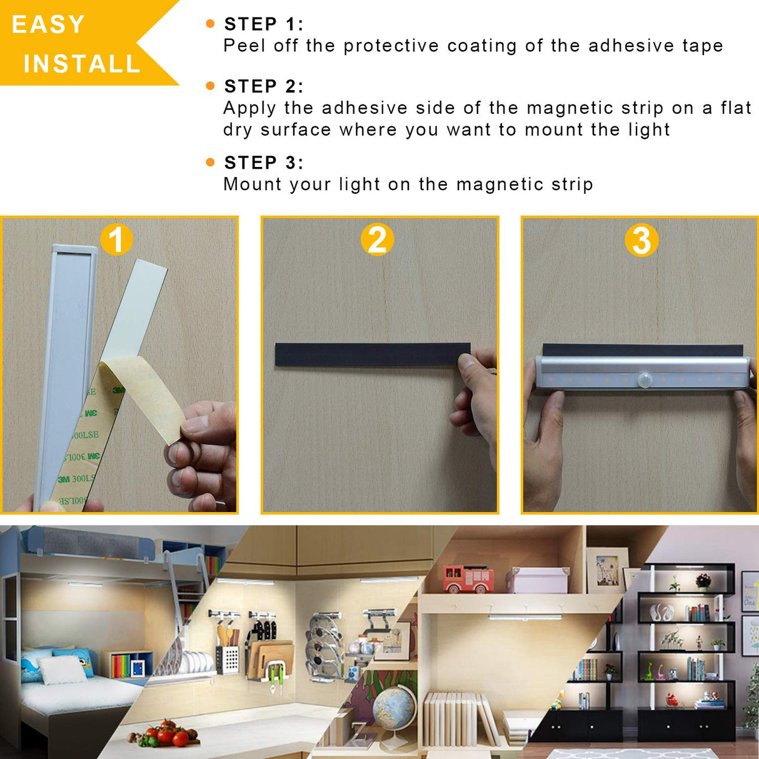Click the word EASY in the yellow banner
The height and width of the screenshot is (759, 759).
point(48,25)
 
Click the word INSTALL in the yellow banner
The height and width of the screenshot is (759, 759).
point(82,64)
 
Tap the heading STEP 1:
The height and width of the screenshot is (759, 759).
point(263,24)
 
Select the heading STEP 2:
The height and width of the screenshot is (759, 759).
point(263,86)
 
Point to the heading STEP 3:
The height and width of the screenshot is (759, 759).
point(263,163)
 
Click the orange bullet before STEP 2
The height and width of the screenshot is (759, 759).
point(210,86)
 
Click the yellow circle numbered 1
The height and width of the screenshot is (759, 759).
point(116,239)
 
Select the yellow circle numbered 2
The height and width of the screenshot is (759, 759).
point(377,240)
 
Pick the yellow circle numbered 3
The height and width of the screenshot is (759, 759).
point(641,241)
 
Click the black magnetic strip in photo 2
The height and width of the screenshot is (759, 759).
point(369,354)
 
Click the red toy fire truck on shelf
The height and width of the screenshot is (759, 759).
point(468,578)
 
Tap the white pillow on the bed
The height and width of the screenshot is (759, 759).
point(63,670)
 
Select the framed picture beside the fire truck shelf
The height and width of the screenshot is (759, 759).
point(606,570)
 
